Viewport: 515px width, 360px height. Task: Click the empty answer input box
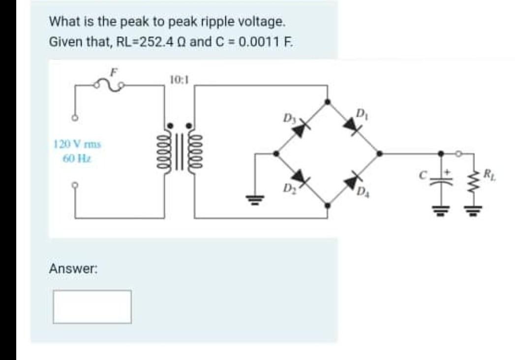point(92,307)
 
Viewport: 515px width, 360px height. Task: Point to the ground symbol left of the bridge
point(255,198)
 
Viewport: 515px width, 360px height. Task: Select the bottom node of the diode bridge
point(328,206)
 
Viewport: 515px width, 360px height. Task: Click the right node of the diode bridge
point(379,153)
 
